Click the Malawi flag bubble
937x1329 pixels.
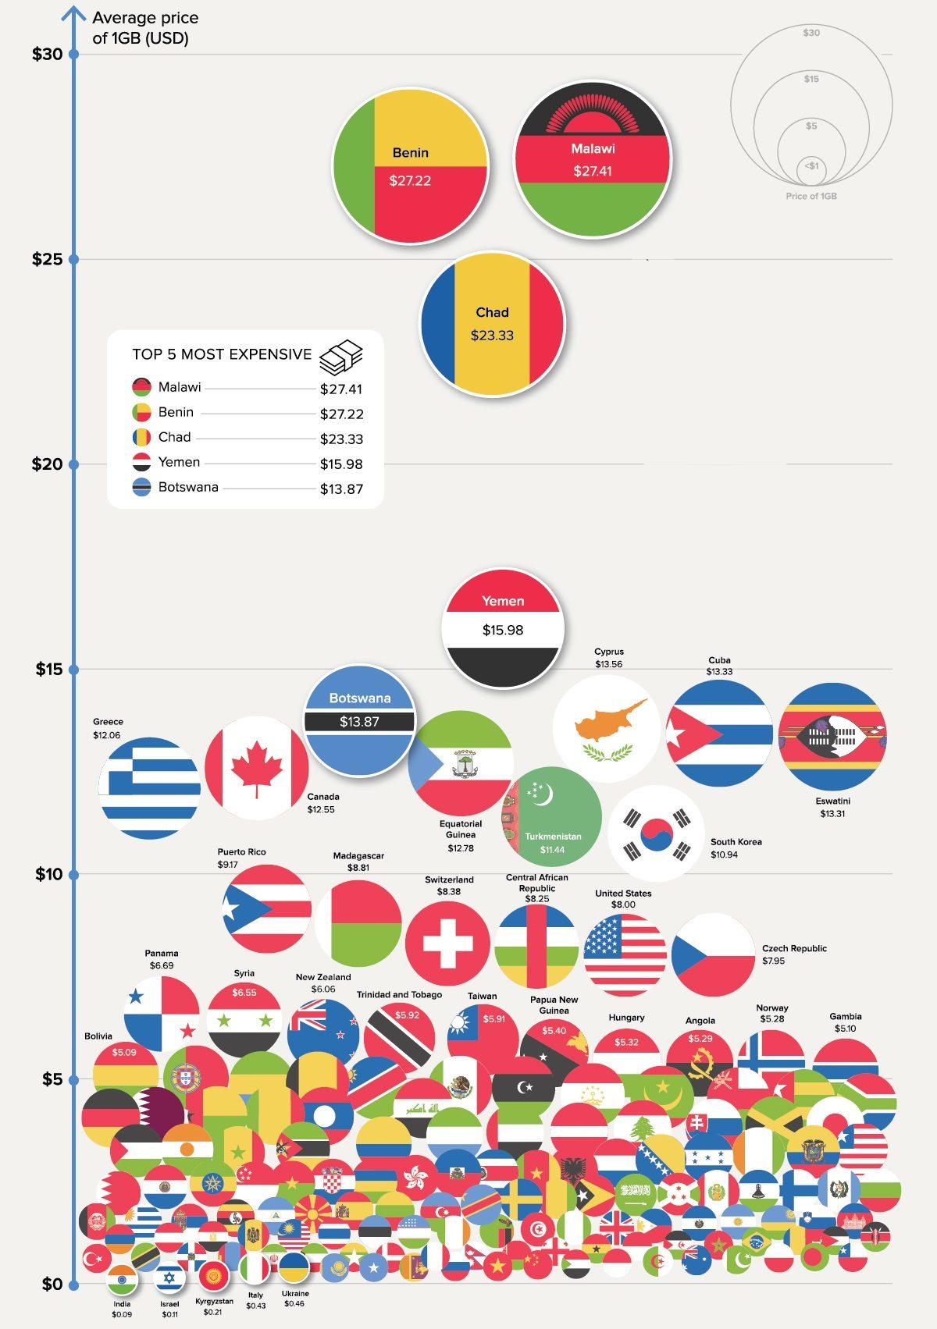click(592, 159)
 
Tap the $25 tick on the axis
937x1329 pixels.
click(73, 258)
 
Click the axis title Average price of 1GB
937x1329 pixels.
click(145, 27)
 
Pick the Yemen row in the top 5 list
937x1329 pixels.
click(179, 462)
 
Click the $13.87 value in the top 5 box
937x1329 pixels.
click(341, 489)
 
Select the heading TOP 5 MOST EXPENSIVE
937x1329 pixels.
click(222, 354)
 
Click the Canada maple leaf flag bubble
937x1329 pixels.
click(257, 769)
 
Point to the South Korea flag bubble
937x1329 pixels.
click(656, 833)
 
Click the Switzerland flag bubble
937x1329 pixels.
click(447, 943)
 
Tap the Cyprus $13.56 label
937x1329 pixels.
click(609, 658)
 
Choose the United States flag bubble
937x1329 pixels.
click(625, 954)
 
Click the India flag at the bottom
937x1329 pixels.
click(122, 1280)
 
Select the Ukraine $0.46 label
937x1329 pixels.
click(294, 1299)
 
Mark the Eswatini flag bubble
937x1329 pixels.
click(832, 735)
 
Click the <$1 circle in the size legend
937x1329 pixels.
click(811, 167)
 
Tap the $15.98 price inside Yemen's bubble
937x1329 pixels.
click(502, 630)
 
